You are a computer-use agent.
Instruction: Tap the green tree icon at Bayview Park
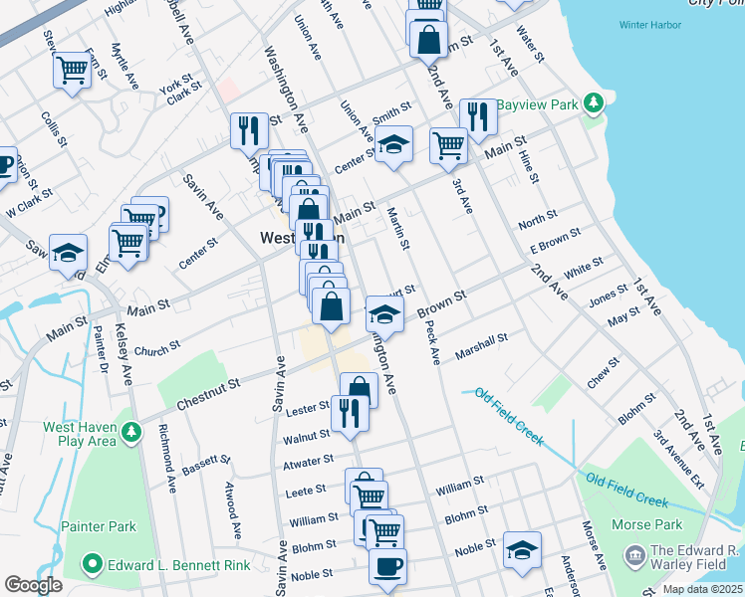click(594, 102)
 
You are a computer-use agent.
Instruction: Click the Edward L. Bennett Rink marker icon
click(94, 565)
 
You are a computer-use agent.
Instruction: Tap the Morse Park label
click(653, 524)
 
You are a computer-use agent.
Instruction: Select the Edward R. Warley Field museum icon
click(634, 554)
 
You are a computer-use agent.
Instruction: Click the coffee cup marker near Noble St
click(387, 565)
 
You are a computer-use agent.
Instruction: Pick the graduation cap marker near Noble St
click(522, 550)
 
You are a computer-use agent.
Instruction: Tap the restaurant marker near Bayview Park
click(478, 116)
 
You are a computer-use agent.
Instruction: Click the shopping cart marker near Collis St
click(72, 71)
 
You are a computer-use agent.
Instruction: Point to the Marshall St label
click(482, 345)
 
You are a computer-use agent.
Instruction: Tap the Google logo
click(33, 585)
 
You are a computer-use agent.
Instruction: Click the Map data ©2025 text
click(702, 589)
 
